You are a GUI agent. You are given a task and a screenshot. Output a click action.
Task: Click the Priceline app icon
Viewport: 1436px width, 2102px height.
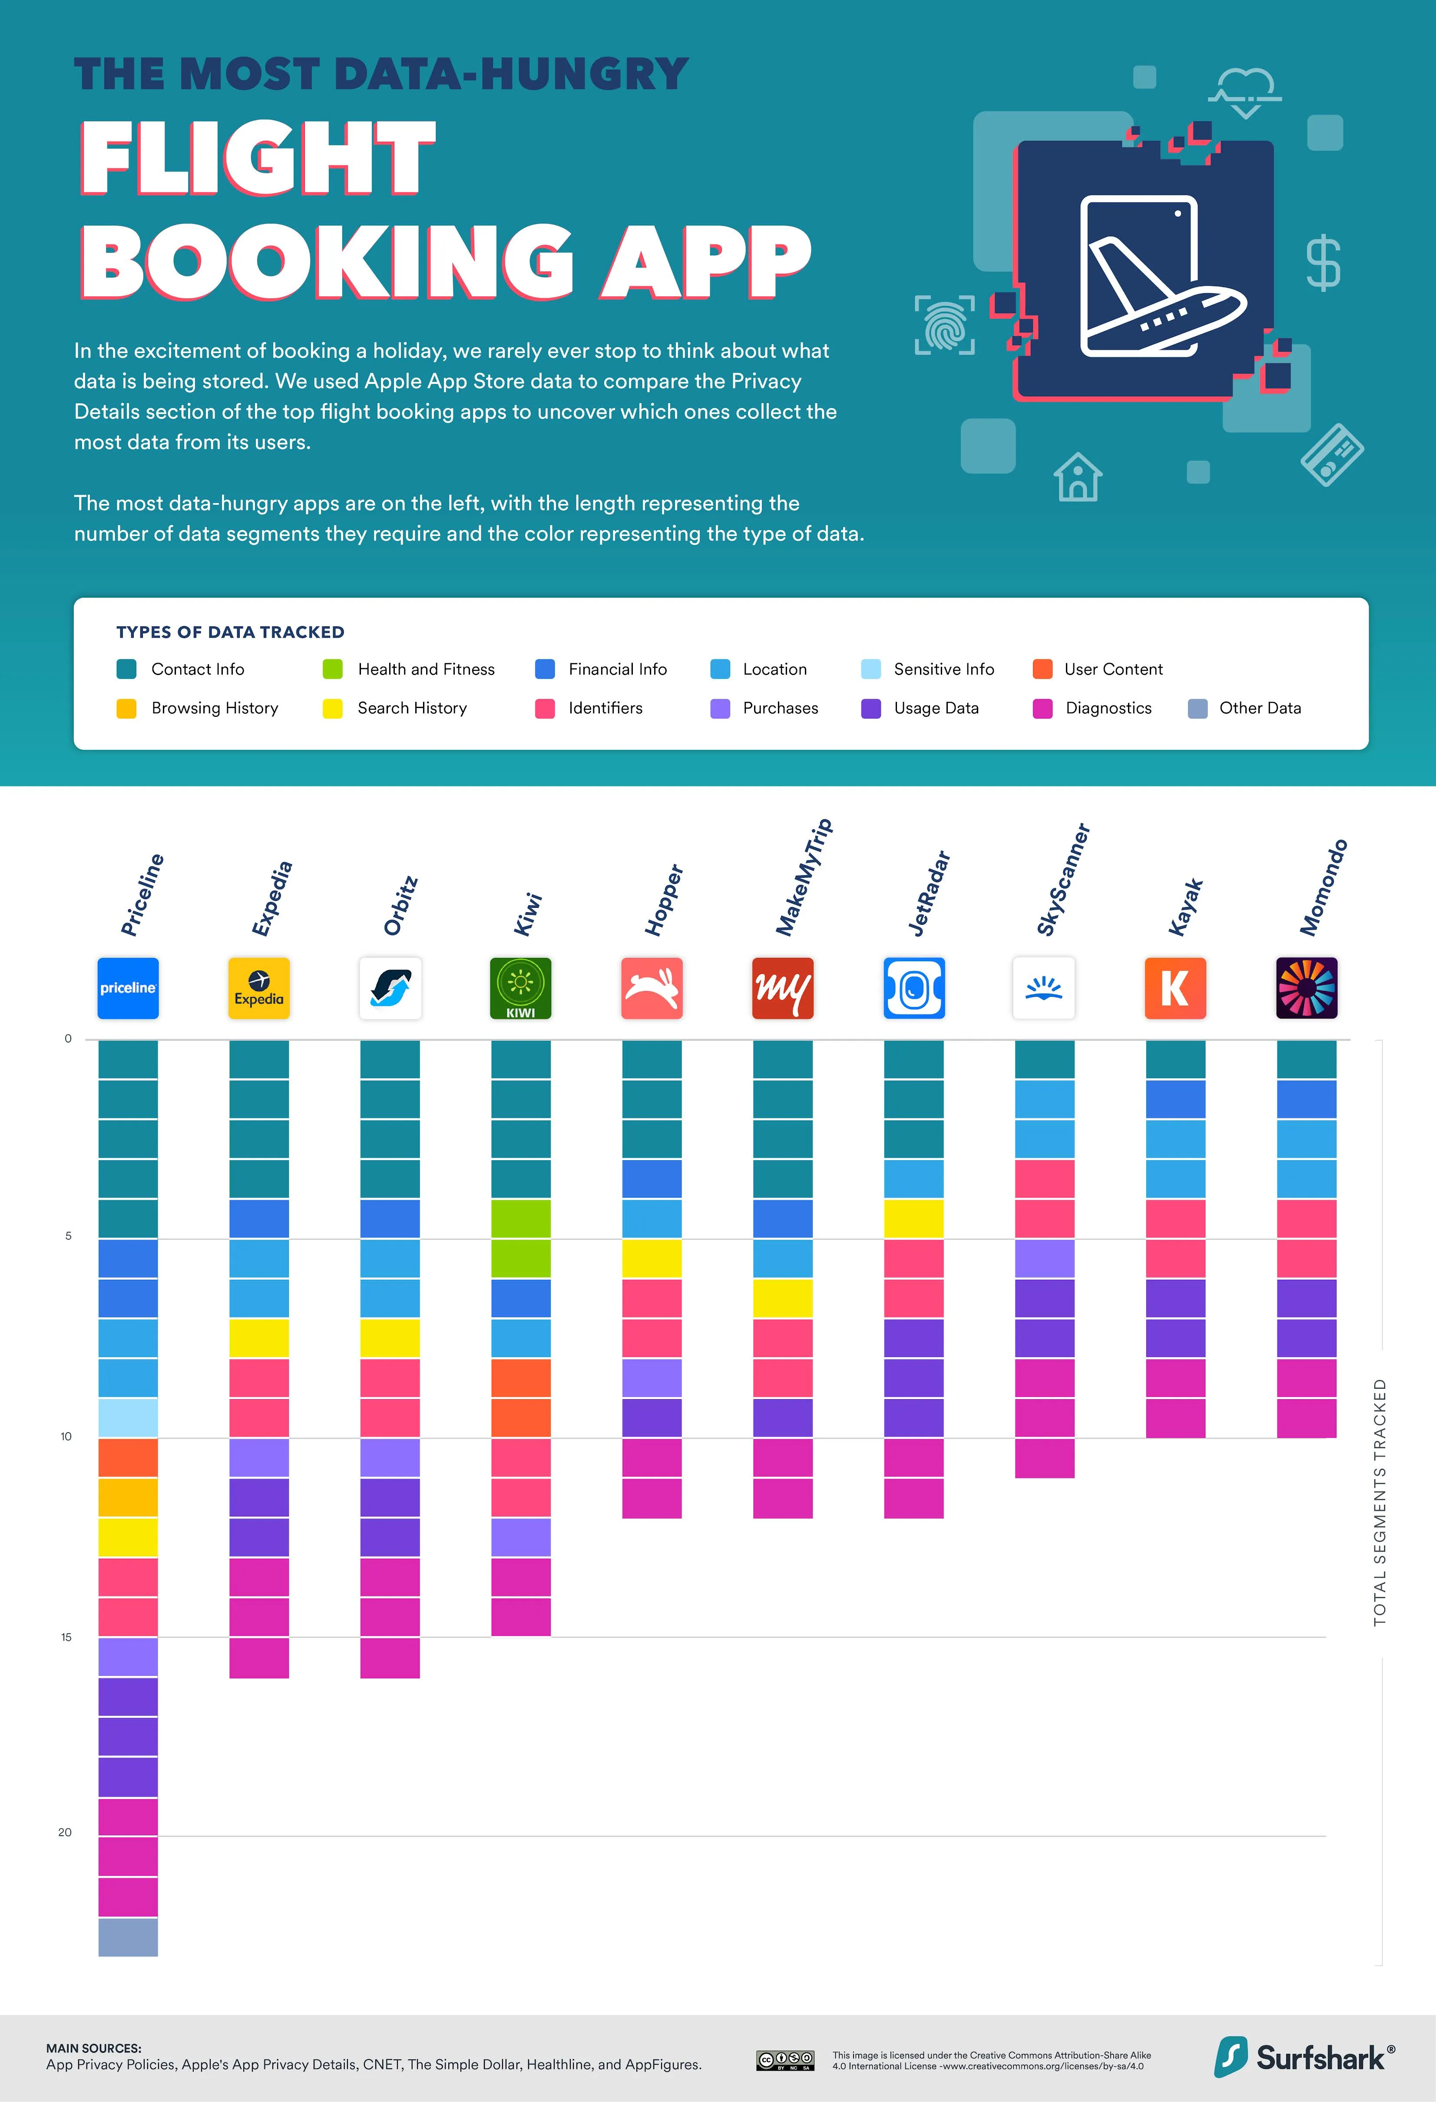[x=128, y=988]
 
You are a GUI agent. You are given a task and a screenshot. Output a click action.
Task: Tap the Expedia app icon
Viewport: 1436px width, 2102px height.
[x=258, y=988]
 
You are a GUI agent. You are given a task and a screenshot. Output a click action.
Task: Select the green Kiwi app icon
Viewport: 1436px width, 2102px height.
[x=521, y=988]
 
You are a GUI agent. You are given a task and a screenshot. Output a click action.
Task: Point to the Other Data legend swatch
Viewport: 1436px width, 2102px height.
[x=1197, y=708]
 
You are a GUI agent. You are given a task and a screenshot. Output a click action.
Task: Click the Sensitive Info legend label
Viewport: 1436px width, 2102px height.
[x=943, y=669]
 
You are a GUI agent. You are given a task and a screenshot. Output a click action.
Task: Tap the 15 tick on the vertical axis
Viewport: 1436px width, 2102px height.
[x=66, y=1637]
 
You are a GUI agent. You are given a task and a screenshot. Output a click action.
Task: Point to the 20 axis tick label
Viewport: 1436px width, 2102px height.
[x=65, y=1833]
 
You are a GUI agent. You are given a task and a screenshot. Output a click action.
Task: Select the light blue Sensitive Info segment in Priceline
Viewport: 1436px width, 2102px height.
[x=128, y=1417]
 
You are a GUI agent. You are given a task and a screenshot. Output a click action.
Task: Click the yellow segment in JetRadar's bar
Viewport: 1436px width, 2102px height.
[x=913, y=1218]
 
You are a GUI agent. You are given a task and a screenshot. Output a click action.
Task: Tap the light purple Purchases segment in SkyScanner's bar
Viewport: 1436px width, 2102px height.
[x=1045, y=1258]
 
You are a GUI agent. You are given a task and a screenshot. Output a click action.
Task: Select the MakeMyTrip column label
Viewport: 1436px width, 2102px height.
[x=803, y=877]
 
